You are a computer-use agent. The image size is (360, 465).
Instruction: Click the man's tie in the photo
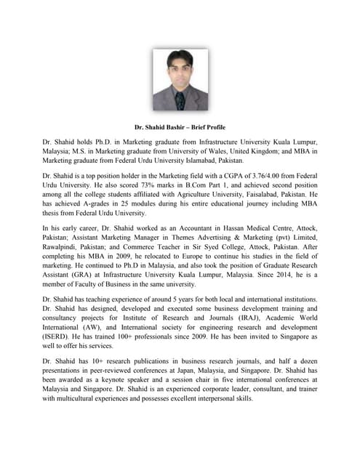180,100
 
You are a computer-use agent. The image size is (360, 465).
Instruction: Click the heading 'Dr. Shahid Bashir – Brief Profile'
180,126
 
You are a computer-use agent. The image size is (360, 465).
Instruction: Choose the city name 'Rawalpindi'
62,251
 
